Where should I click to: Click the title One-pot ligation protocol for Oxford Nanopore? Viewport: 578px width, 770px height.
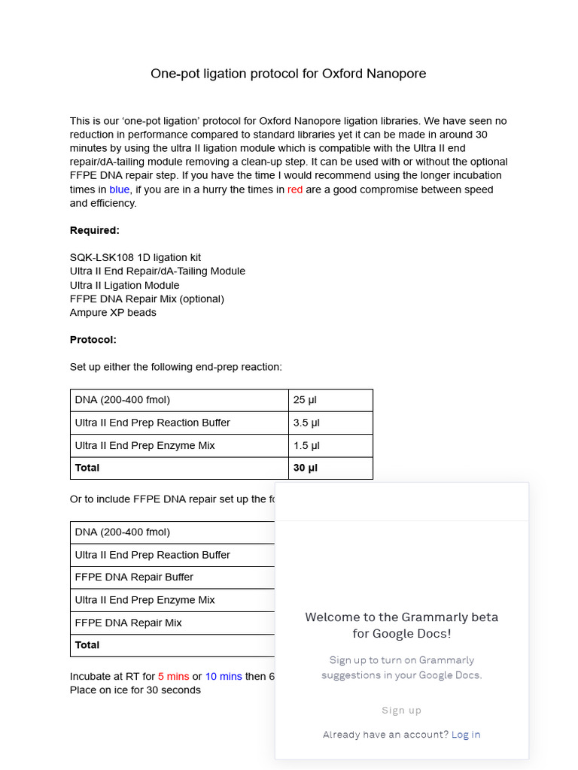click(x=288, y=74)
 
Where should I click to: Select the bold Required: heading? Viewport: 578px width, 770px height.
click(x=95, y=230)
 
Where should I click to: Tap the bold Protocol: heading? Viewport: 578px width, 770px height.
click(x=93, y=340)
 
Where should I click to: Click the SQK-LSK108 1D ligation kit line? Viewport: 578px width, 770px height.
click(x=135, y=258)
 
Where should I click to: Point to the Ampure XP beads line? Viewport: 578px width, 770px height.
click(x=113, y=313)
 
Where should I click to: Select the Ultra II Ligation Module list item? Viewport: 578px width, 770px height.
click(x=125, y=285)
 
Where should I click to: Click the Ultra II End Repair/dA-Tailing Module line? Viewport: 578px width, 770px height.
click(x=157, y=271)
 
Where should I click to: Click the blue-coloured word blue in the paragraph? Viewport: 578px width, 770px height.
click(x=119, y=189)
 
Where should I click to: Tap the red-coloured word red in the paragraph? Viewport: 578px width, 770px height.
click(x=295, y=189)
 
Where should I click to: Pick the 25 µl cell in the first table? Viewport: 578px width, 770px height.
click(x=305, y=400)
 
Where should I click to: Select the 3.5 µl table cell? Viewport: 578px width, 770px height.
click(x=306, y=423)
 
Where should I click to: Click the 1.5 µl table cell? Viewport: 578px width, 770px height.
click(x=306, y=445)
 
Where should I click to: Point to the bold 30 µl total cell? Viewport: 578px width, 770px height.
click(x=306, y=468)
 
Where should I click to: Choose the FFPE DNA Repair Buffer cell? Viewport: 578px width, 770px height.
click(x=134, y=577)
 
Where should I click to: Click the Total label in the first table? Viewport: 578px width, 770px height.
click(x=87, y=468)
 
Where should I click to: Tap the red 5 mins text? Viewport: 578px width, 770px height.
click(x=173, y=677)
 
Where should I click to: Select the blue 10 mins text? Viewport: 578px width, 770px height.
click(x=224, y=677)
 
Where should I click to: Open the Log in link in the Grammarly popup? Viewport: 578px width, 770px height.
click(x=466, y=735)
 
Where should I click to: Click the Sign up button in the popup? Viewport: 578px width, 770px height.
click(x=401, y=711)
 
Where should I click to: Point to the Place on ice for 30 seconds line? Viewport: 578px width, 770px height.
click(x=135, y=690)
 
